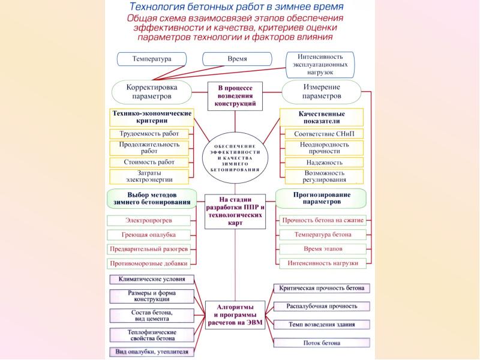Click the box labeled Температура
[x=151, y=59]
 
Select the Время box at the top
[x=238, y=59]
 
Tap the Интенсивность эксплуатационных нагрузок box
[x=328, y=64]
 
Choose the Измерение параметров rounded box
[x=322, y=91]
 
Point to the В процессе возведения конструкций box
[x=235, y=95]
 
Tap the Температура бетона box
[x=323, y=235]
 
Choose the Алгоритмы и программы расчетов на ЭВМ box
[x=235, y=314]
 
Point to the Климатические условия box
[x=152, y=280]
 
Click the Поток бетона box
[x=322, y=343]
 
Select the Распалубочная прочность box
[x=322, y=307]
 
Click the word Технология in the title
[x=158, y=7]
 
